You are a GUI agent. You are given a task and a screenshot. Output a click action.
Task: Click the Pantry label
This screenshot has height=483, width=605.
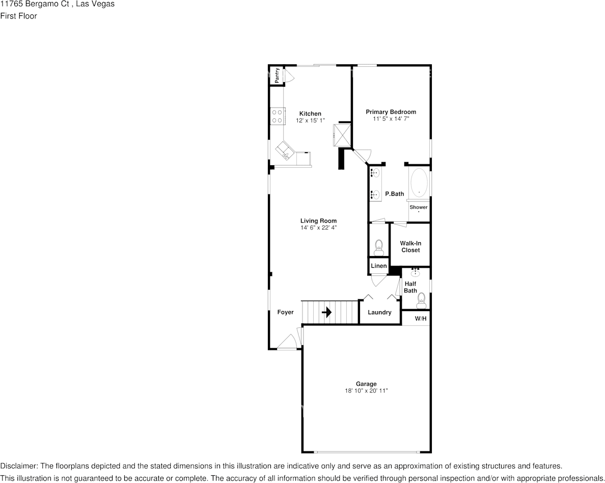coord(277,75)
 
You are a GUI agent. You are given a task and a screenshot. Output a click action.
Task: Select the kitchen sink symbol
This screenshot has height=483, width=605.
coord(283,151)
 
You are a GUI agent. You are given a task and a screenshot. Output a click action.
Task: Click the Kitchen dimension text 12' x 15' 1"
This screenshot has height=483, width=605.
coord(310,121)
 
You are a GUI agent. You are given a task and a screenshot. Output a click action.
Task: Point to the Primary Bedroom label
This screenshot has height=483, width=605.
coord(391,112)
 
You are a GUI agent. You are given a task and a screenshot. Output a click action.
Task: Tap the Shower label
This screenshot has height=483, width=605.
coord(419,207)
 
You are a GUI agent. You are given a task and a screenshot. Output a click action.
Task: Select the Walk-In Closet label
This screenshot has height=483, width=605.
coord(410,247)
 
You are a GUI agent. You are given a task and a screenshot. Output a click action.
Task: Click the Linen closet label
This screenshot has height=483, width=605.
coord(378,266)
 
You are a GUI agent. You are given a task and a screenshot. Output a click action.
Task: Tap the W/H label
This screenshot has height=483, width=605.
coord(421,319)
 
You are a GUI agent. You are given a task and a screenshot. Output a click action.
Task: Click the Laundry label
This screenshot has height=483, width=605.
coord(379,312)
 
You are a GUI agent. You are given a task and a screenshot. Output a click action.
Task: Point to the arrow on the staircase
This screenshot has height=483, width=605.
coord(326,312)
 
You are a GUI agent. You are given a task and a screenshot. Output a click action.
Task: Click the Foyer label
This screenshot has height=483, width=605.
coord(285,312)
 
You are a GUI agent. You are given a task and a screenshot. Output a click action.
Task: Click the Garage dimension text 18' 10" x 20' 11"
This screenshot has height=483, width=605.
coord(366,391)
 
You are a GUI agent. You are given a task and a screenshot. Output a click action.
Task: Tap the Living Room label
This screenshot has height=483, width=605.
coord(318,221)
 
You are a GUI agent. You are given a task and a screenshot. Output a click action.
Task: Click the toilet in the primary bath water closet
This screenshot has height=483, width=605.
coord(378,248)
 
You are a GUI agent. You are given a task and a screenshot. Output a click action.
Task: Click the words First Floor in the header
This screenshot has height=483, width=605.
coord(18,16)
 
